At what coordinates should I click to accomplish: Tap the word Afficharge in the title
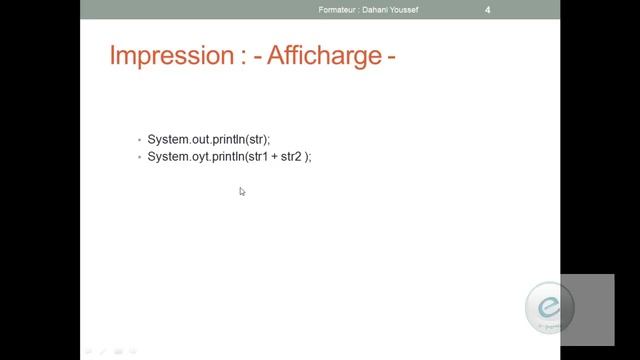321,56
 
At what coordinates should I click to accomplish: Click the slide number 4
487,10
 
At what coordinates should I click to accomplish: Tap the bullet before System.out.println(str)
140,140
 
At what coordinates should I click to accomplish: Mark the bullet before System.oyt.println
140,158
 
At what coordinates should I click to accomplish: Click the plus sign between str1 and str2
271,157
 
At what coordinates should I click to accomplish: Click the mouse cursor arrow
242,191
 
